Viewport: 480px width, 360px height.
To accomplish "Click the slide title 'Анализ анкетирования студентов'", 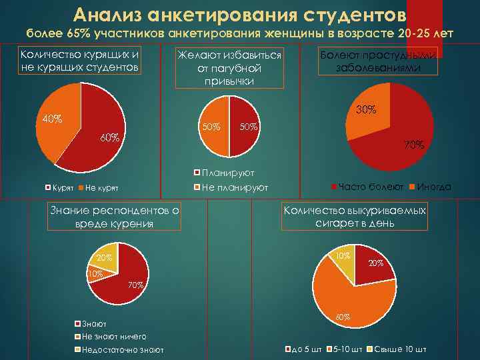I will coord(239,14).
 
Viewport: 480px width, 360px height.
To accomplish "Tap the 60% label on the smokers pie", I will coord(109,138).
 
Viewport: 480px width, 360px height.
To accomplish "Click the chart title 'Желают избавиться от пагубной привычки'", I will coord(230,67).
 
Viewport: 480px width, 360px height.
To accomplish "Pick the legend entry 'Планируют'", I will coord(223,173).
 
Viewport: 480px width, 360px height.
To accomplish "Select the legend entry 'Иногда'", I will coord(433,187).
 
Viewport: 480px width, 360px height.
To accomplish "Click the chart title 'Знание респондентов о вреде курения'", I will coord(115,217).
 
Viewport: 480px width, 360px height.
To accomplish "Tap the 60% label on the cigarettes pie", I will coord(343,317).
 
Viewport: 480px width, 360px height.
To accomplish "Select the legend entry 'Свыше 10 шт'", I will coord(401,349).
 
